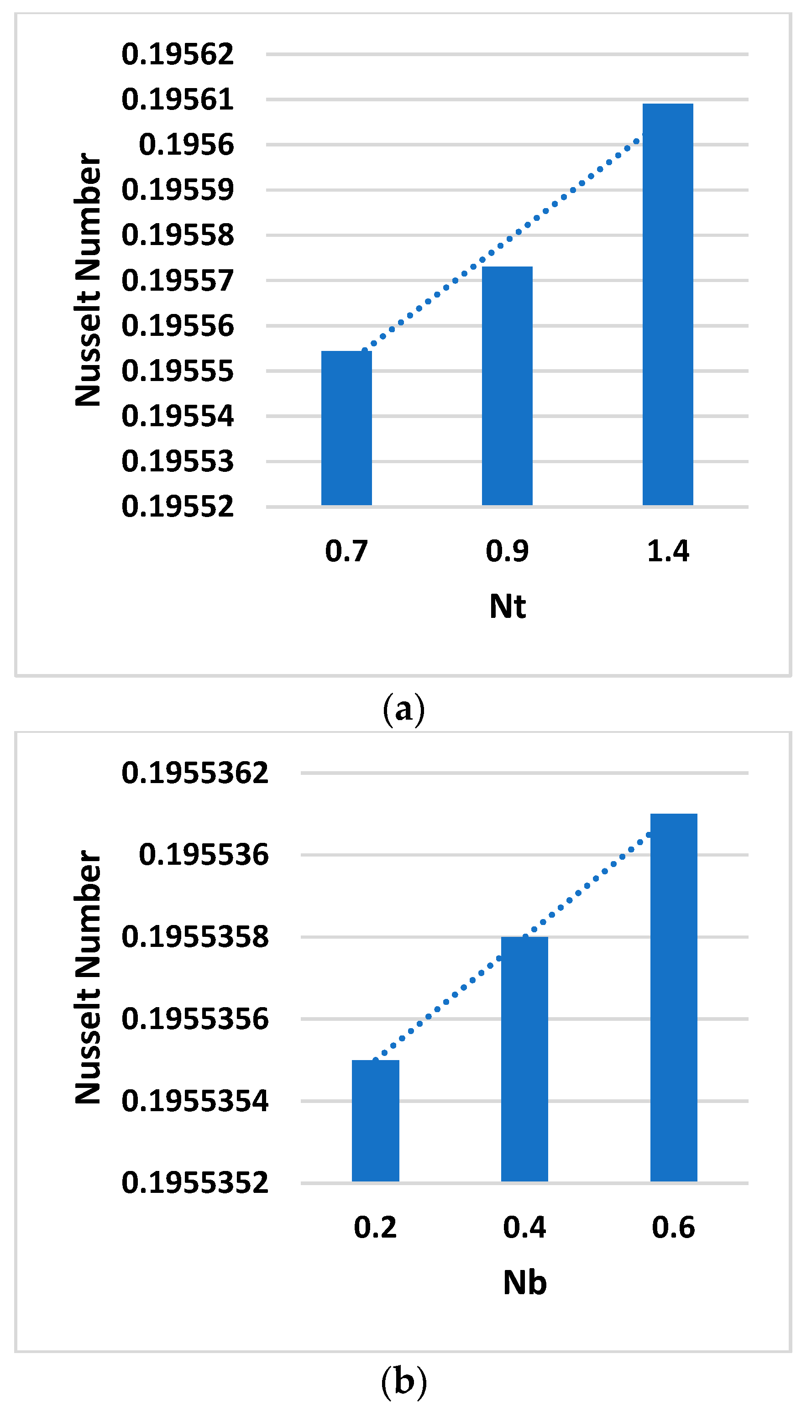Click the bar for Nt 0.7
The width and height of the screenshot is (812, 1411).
[346, 428]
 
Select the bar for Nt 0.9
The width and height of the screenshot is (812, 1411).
[507, 386]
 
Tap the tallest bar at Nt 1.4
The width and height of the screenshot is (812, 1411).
[668, 304]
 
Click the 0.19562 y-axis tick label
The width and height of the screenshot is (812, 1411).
[178, 55]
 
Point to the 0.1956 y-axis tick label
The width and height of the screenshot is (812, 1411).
[186, 145]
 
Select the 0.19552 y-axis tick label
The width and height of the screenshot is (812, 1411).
[178, 507]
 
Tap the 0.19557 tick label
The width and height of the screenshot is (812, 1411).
[178, 280]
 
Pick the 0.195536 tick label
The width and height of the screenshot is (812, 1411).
[204, 855]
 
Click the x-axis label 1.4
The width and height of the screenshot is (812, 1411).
[668, 551]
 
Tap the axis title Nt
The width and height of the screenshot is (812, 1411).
[507, 606]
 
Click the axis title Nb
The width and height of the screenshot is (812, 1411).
[524, 1283]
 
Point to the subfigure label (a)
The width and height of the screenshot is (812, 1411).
[404, 709]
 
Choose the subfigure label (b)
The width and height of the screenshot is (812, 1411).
[404, 1381]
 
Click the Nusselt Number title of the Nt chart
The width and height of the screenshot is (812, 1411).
[88, 279]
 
